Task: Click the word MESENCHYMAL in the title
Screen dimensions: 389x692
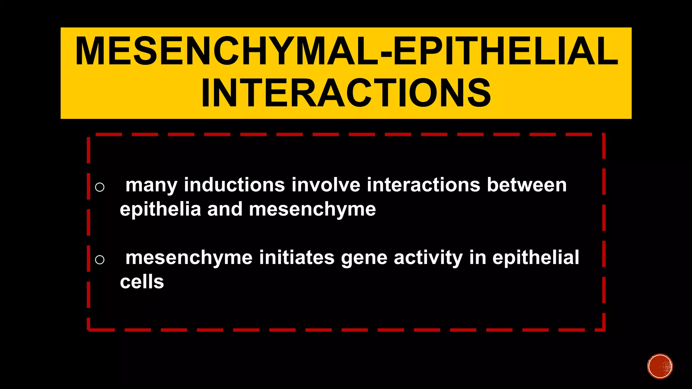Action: [x=226, y=52]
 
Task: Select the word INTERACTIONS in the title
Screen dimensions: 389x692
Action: [x=346, y=93]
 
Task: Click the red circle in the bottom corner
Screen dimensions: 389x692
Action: [x=660, y=366]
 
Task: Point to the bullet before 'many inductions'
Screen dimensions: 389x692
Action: [x=100, y=187]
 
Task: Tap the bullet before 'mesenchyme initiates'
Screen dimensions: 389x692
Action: [x=100, y=259]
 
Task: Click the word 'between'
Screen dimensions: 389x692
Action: [x=527, y=185]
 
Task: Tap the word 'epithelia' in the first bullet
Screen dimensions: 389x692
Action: [x=160, y=210]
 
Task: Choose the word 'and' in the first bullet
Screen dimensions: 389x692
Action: [x=225, y=209]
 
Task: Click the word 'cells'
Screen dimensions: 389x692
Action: [x=142, y=282]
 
